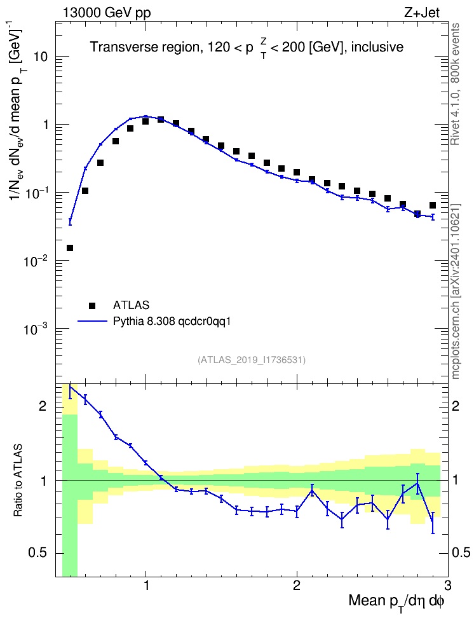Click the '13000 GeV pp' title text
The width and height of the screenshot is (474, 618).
point(106,13)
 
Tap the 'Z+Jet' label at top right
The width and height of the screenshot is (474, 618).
point(422,13)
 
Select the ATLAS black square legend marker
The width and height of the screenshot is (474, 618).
point(92,305)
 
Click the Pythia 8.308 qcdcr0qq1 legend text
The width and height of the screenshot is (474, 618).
point(172,322)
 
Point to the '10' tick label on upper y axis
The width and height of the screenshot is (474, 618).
point(39,57)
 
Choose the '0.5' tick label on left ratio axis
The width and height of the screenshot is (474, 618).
point(37,553)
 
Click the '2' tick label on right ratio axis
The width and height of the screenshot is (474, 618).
point(456,406)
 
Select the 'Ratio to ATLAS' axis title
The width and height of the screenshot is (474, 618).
point(18,481)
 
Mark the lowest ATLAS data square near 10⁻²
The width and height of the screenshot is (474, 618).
point(70,248)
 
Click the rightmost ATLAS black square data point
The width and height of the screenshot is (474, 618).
point(433,205)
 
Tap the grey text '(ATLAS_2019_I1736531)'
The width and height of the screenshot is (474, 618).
point(252,359)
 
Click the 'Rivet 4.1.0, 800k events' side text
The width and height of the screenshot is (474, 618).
point(455,84)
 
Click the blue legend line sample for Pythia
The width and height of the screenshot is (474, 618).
point(92,321)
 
